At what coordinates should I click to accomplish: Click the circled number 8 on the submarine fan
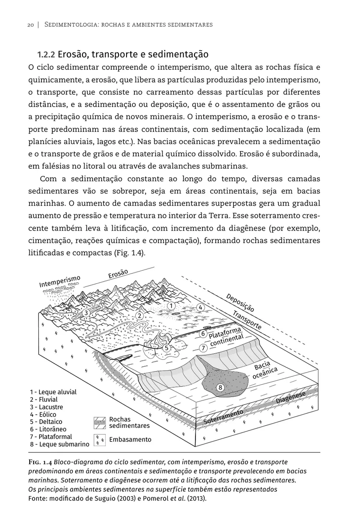(220, 387)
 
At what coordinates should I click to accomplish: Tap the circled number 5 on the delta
(166, 348)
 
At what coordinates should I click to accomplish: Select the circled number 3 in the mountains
(86, 312)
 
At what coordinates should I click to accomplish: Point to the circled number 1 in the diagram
(171, 306)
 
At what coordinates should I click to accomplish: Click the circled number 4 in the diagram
(200, 307)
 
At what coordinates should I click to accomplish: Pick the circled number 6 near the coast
(203, 334)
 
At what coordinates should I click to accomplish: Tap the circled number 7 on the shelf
(203, 348)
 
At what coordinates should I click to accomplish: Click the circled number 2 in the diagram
(140, 315)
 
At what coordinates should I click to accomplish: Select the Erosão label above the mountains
(118, 273)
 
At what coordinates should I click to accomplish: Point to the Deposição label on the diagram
(240, 303)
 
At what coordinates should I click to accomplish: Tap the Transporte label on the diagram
(247, 320)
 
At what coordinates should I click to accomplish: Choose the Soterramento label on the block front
(223, 418)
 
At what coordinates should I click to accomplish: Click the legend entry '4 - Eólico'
(43, 414)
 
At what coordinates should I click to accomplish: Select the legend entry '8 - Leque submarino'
(59, 444)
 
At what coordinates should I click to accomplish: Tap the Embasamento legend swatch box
(99, 440)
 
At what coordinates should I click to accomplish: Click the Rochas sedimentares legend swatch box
(99, 423)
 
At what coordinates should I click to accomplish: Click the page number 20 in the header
(31, 25)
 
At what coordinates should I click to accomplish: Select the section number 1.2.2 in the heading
(46, 55)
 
